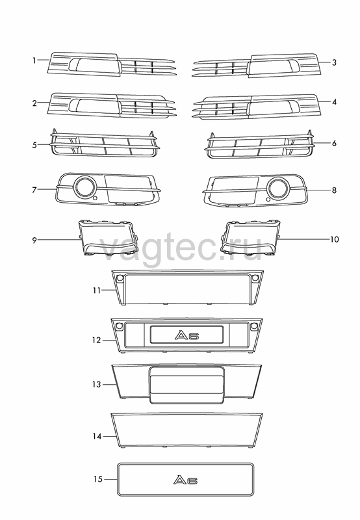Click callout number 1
(x=34, y=60)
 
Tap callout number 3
(x=334, y=62)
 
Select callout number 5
(x=34, y=145)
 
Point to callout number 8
(x=334, y=190)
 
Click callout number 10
(x=335, y=239)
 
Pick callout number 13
(x=96, y=384)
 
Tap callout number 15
(x=97, y=479)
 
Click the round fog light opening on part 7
(x=85, y=187)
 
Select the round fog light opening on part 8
(x=279, y=188)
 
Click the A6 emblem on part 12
(x=186, y=335)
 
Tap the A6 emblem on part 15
(x=186, y=480)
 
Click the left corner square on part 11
(x=120, y=278)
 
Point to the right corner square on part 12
(x=253, y=326)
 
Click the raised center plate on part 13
(x=186, y=385)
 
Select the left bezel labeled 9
(x=109, y=238)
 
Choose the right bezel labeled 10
(x=250, y=238)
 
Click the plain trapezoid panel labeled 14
(x=186, y=430)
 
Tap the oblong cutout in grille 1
(x=94, y=64)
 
